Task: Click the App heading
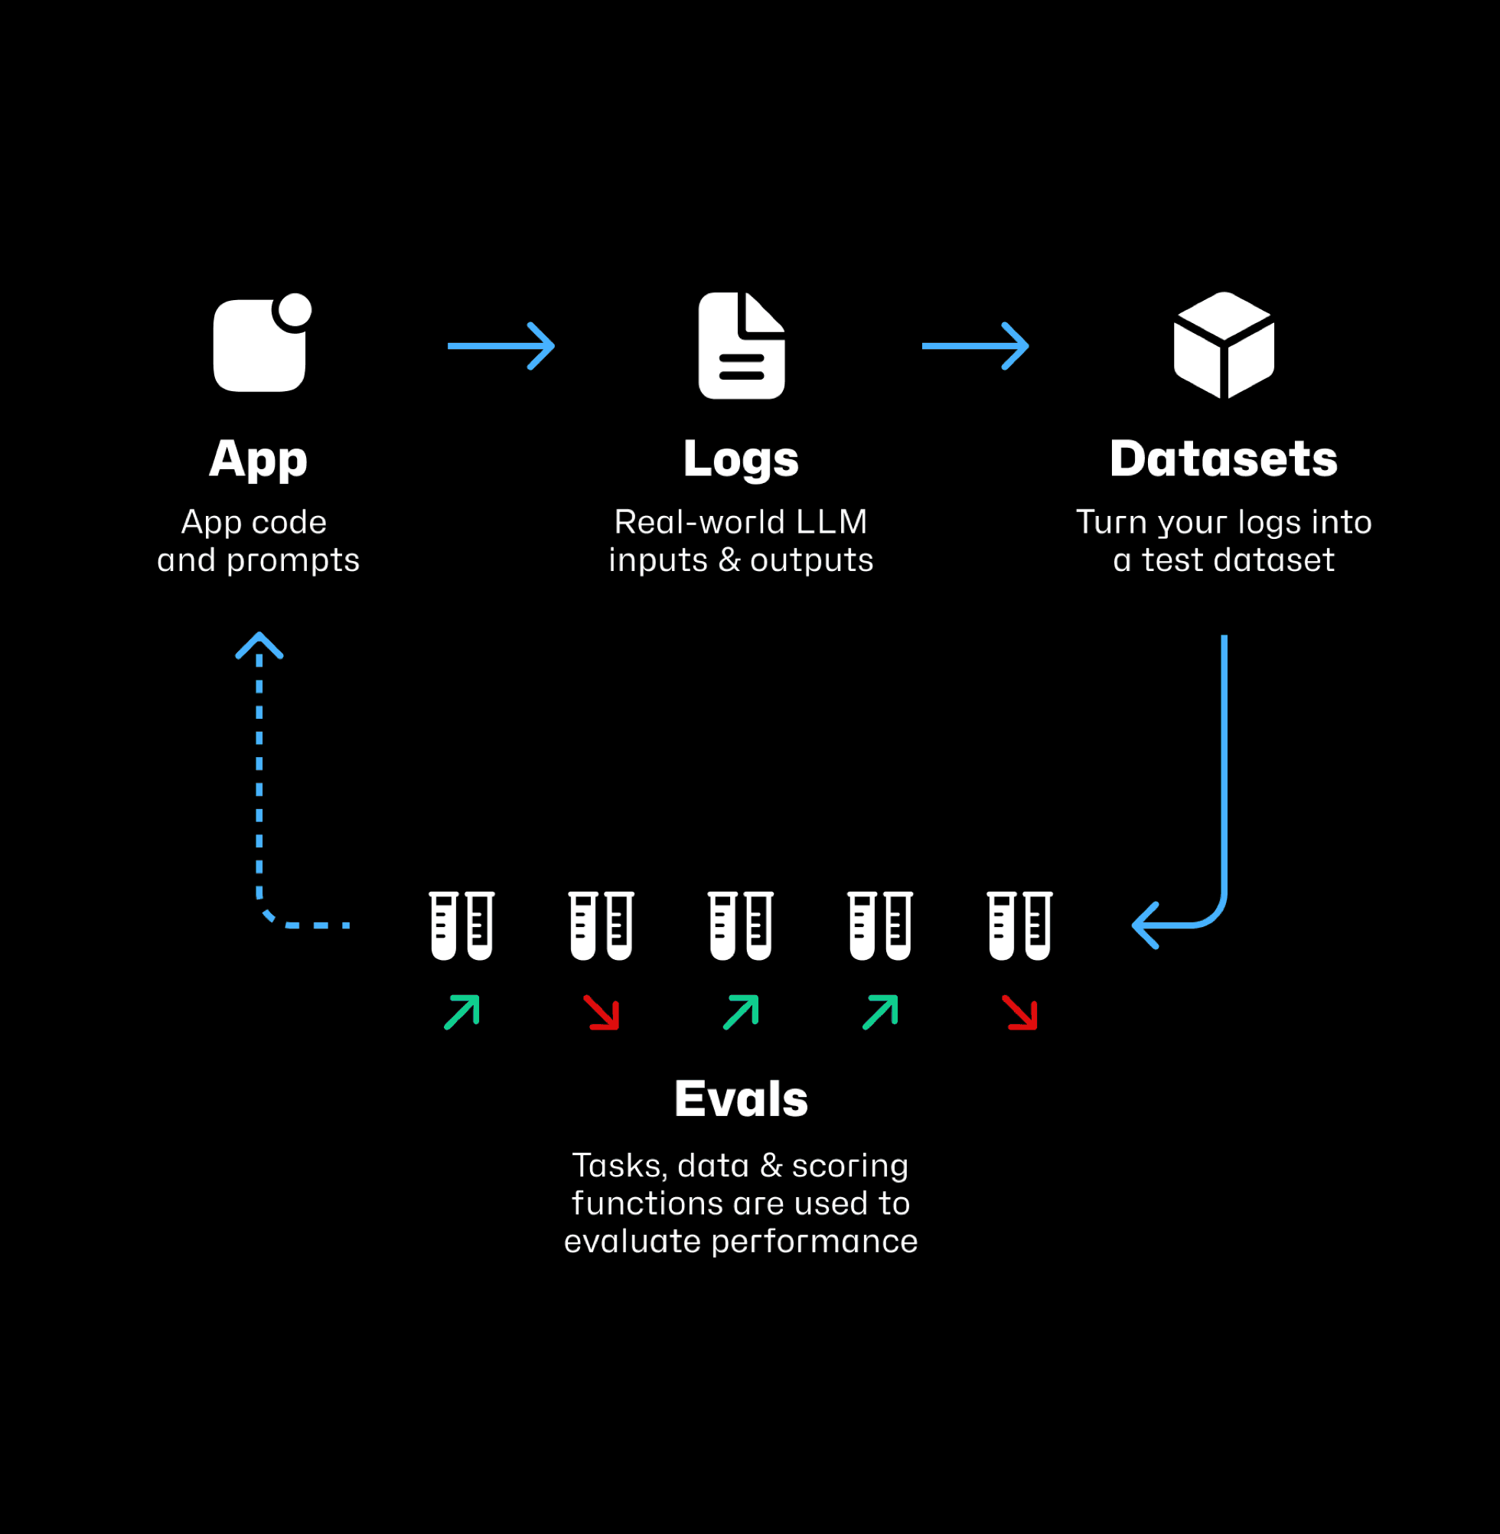point(259,459)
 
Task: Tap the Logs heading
point(741,459)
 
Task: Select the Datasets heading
point(1224,459)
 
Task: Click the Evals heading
point(741,1098)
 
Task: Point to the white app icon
point(260,344)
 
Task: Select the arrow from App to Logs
point(501,346)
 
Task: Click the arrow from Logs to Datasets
point(975,346)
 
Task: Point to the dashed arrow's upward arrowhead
point(259,645)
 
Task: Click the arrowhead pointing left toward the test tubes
point(1146,925)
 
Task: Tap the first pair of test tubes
point(461,925)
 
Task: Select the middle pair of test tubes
point(741,925)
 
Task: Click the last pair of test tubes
point(1019,925)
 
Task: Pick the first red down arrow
point(602,1013)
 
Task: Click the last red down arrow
point(1020,1013)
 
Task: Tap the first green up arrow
point(461,1013)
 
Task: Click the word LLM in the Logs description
point(831,521)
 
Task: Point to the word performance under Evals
point(814,1241)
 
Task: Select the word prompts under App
point(292,560)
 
